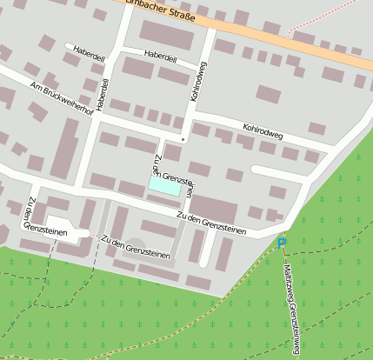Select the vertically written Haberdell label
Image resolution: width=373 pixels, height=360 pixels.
(104, 94)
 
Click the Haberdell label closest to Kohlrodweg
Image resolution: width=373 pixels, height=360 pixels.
(160, 57)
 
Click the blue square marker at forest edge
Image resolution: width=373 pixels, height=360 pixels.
(282, 241)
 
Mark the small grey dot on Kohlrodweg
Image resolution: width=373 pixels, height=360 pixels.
(183, 138)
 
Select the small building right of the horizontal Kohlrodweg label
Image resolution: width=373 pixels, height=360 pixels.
(316, 129)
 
